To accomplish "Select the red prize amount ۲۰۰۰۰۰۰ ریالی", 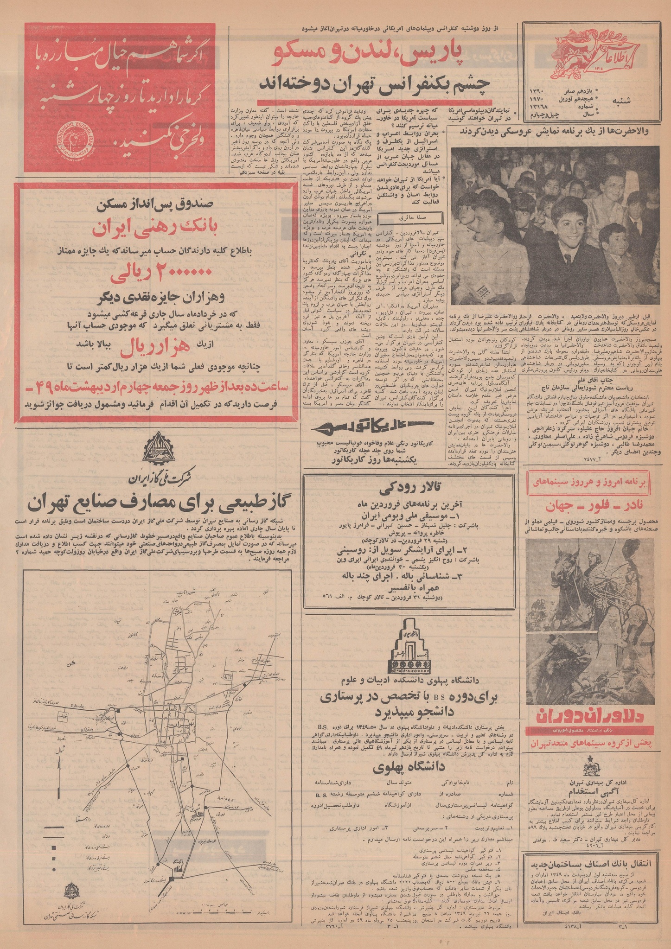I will [153, 275].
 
